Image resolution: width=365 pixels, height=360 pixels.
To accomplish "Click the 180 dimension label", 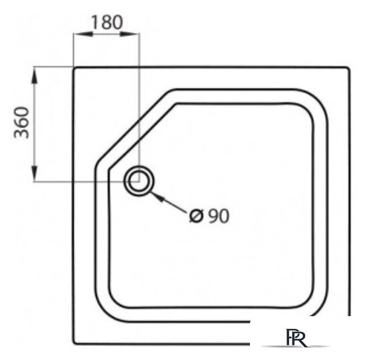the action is [x=106, y=23].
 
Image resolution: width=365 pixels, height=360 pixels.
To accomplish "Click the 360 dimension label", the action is [x=22, y=123].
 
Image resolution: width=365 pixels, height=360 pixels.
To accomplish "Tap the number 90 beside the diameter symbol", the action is [x=218, y=216].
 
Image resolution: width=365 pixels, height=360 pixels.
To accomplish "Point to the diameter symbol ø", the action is [x=197, y=216].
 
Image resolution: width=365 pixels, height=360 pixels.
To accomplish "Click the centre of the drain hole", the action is [x=139, y=181].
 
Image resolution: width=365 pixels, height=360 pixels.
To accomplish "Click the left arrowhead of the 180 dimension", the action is [x=83, y=35].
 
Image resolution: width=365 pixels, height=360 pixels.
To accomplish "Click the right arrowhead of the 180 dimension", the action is [x=130, y=35].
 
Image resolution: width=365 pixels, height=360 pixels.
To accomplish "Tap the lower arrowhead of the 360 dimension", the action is [x=35, y=173].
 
